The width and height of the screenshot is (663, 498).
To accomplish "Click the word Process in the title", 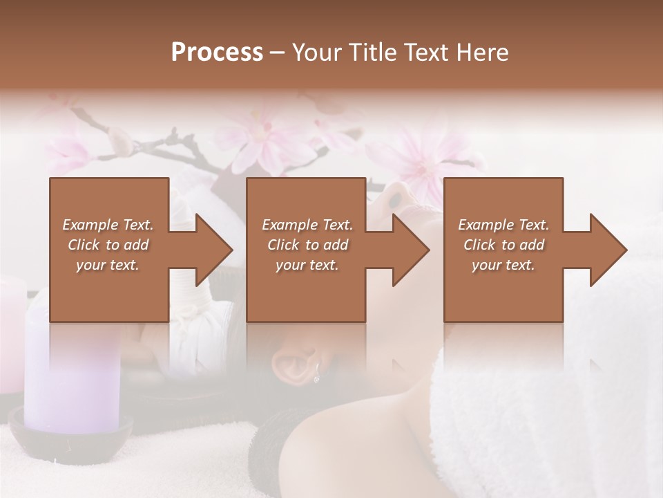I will [217, 53].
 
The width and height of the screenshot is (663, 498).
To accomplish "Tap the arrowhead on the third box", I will [607, 250].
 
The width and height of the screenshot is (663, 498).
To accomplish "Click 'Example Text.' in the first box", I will [108, 225].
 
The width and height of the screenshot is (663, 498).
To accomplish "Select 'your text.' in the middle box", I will [307, 265].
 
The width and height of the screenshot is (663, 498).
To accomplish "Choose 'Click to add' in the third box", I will [503, 245].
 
